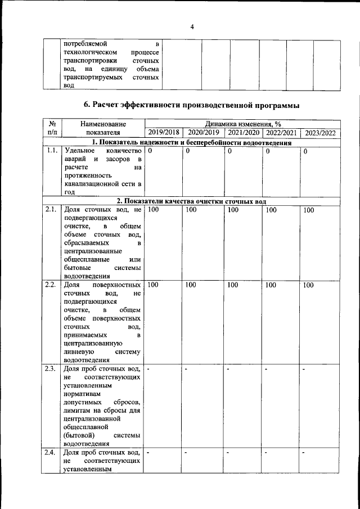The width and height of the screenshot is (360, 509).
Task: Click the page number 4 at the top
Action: point(192,26)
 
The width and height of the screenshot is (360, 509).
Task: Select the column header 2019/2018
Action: point(163,133)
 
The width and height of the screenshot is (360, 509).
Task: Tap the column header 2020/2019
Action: point(203,133)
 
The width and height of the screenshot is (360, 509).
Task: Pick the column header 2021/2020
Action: point(242,133)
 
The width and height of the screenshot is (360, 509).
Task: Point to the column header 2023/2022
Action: point(319,133)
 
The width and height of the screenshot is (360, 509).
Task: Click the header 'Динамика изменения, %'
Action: point(242,124)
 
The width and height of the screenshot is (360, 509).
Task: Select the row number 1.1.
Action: point(51,151)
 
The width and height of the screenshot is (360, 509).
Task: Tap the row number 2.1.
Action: point(51,210)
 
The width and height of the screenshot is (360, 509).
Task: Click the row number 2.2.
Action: point(51,285)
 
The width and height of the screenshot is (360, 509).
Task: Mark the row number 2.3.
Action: point(51,369)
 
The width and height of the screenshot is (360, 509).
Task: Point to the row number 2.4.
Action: point(51,452)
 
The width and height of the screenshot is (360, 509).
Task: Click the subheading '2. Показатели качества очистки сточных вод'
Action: point(191,201)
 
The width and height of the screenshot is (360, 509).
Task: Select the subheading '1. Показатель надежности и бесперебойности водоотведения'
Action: point(191,142)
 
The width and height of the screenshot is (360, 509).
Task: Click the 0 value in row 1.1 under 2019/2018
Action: point(150,151)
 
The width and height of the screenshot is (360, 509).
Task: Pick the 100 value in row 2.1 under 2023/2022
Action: point(309,210)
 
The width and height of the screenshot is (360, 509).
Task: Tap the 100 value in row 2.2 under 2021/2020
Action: point(232,285)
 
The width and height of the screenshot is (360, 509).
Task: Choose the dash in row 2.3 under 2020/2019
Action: point(186,369)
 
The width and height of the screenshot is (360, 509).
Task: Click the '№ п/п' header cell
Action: point(51,128)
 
